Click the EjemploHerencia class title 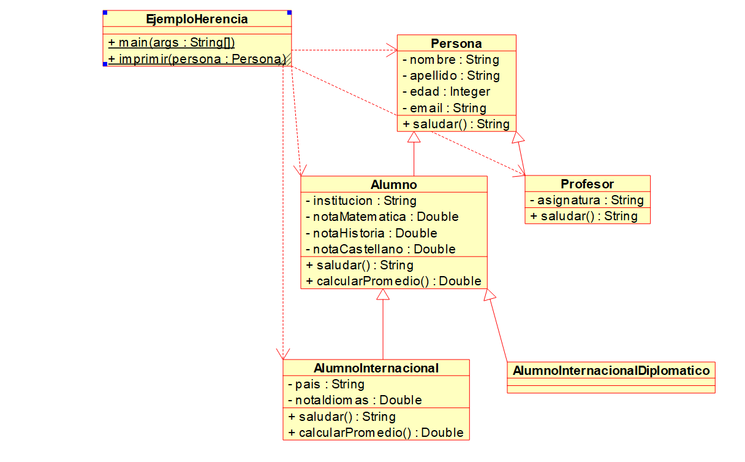197,20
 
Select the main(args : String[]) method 172,43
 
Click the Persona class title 456,44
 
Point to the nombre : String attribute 450,60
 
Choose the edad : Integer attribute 446,91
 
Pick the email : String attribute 444,108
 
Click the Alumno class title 394,185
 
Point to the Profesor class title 587,184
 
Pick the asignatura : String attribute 586,200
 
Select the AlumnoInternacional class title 376,368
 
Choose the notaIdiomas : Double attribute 355,400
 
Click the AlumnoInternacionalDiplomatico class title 611,371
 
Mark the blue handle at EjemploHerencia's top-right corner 289,12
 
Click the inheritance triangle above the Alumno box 414,137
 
